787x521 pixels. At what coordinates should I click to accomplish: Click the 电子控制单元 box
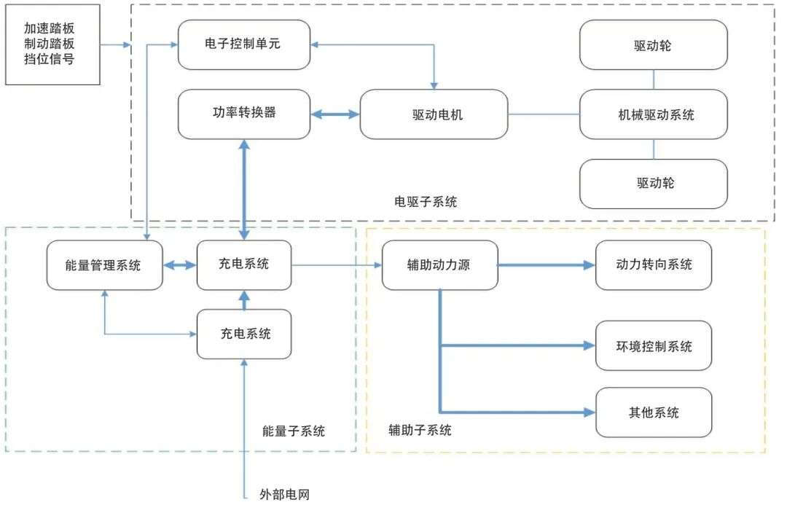tap(244, 44)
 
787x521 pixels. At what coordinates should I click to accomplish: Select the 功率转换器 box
tap(244, 114)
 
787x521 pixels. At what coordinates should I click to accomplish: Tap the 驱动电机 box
tap(434, 114)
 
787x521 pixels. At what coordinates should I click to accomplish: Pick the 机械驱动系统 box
tap(654, 114)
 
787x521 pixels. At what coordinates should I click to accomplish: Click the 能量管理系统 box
tap(104, 265)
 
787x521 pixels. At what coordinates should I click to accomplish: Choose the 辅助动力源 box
tap(439, 265)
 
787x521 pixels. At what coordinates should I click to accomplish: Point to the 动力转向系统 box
tap(654, 265)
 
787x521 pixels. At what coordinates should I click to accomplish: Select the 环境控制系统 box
tap(654, 346)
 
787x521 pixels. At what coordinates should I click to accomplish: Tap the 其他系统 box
tap(654, 412)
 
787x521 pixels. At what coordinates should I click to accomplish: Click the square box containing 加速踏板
tap(52, 44)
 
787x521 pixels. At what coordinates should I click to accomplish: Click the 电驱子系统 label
tap(426, 202)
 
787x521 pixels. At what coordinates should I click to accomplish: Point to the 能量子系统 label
tap(294, 431)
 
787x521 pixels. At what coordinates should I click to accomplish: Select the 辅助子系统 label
tap(420, 430)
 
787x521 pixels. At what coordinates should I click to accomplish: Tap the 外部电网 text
tap(285, 494)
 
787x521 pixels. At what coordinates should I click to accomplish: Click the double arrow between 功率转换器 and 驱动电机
tap(334, 114)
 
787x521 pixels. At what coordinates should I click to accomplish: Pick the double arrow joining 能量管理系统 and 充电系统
tap(180, 265)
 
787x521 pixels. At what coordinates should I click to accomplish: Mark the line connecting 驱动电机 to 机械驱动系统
tap(544, 114)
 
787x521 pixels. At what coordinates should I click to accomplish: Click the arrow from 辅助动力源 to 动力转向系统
tap(547, 265)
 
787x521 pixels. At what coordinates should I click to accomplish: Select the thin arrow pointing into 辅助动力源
tap(337, 265)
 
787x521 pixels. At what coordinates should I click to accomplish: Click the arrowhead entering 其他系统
tap(590, 412)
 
